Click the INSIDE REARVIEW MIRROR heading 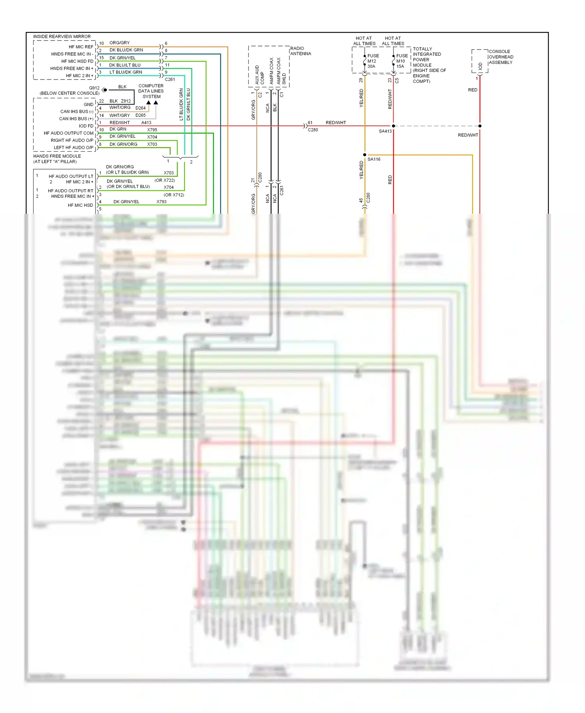tap(62, 37)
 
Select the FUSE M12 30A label tap(372, 61)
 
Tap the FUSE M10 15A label tap(402, 61)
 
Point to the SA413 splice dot tap(393, 126)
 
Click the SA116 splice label tap(374, 159)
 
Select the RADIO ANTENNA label tap(300, 51)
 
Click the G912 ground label tap(94, 88)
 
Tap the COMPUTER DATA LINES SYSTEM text tap(151, 91)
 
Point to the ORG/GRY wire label tap(119, 43)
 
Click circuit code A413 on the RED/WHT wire tap(146, 122)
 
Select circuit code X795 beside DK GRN tap(152, 130)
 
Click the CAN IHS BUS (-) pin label tap(76, 112)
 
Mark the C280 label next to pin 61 tap(313, 130)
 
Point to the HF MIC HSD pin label tap(80, 205)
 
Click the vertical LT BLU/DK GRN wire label tap(181, 104)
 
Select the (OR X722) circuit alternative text tap(165, 180)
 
